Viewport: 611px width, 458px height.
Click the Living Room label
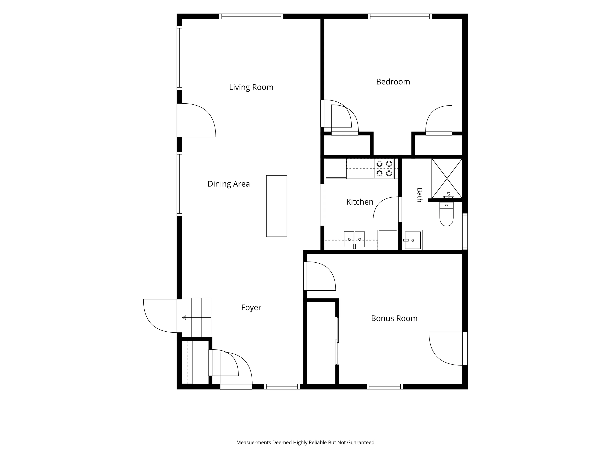point(251,87)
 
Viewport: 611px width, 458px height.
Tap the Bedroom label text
point(393,82)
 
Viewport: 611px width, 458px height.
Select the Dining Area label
point(229,184)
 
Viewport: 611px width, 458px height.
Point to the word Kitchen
point(360,202)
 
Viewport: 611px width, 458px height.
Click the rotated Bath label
point(420,195)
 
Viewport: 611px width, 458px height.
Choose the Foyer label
point(251,308)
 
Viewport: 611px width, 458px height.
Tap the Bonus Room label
point(394,318)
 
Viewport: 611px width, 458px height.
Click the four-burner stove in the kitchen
point(384,169)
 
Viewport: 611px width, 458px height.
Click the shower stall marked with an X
point(447,178)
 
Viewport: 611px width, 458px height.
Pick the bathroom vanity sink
point(412,240)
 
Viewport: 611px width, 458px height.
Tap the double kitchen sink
point(354,239)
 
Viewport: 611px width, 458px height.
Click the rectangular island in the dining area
point(277,206)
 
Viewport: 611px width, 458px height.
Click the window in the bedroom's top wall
point(400,16)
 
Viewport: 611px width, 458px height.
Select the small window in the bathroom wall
point(465,231)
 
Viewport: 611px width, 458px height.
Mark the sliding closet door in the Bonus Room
point(337,341)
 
